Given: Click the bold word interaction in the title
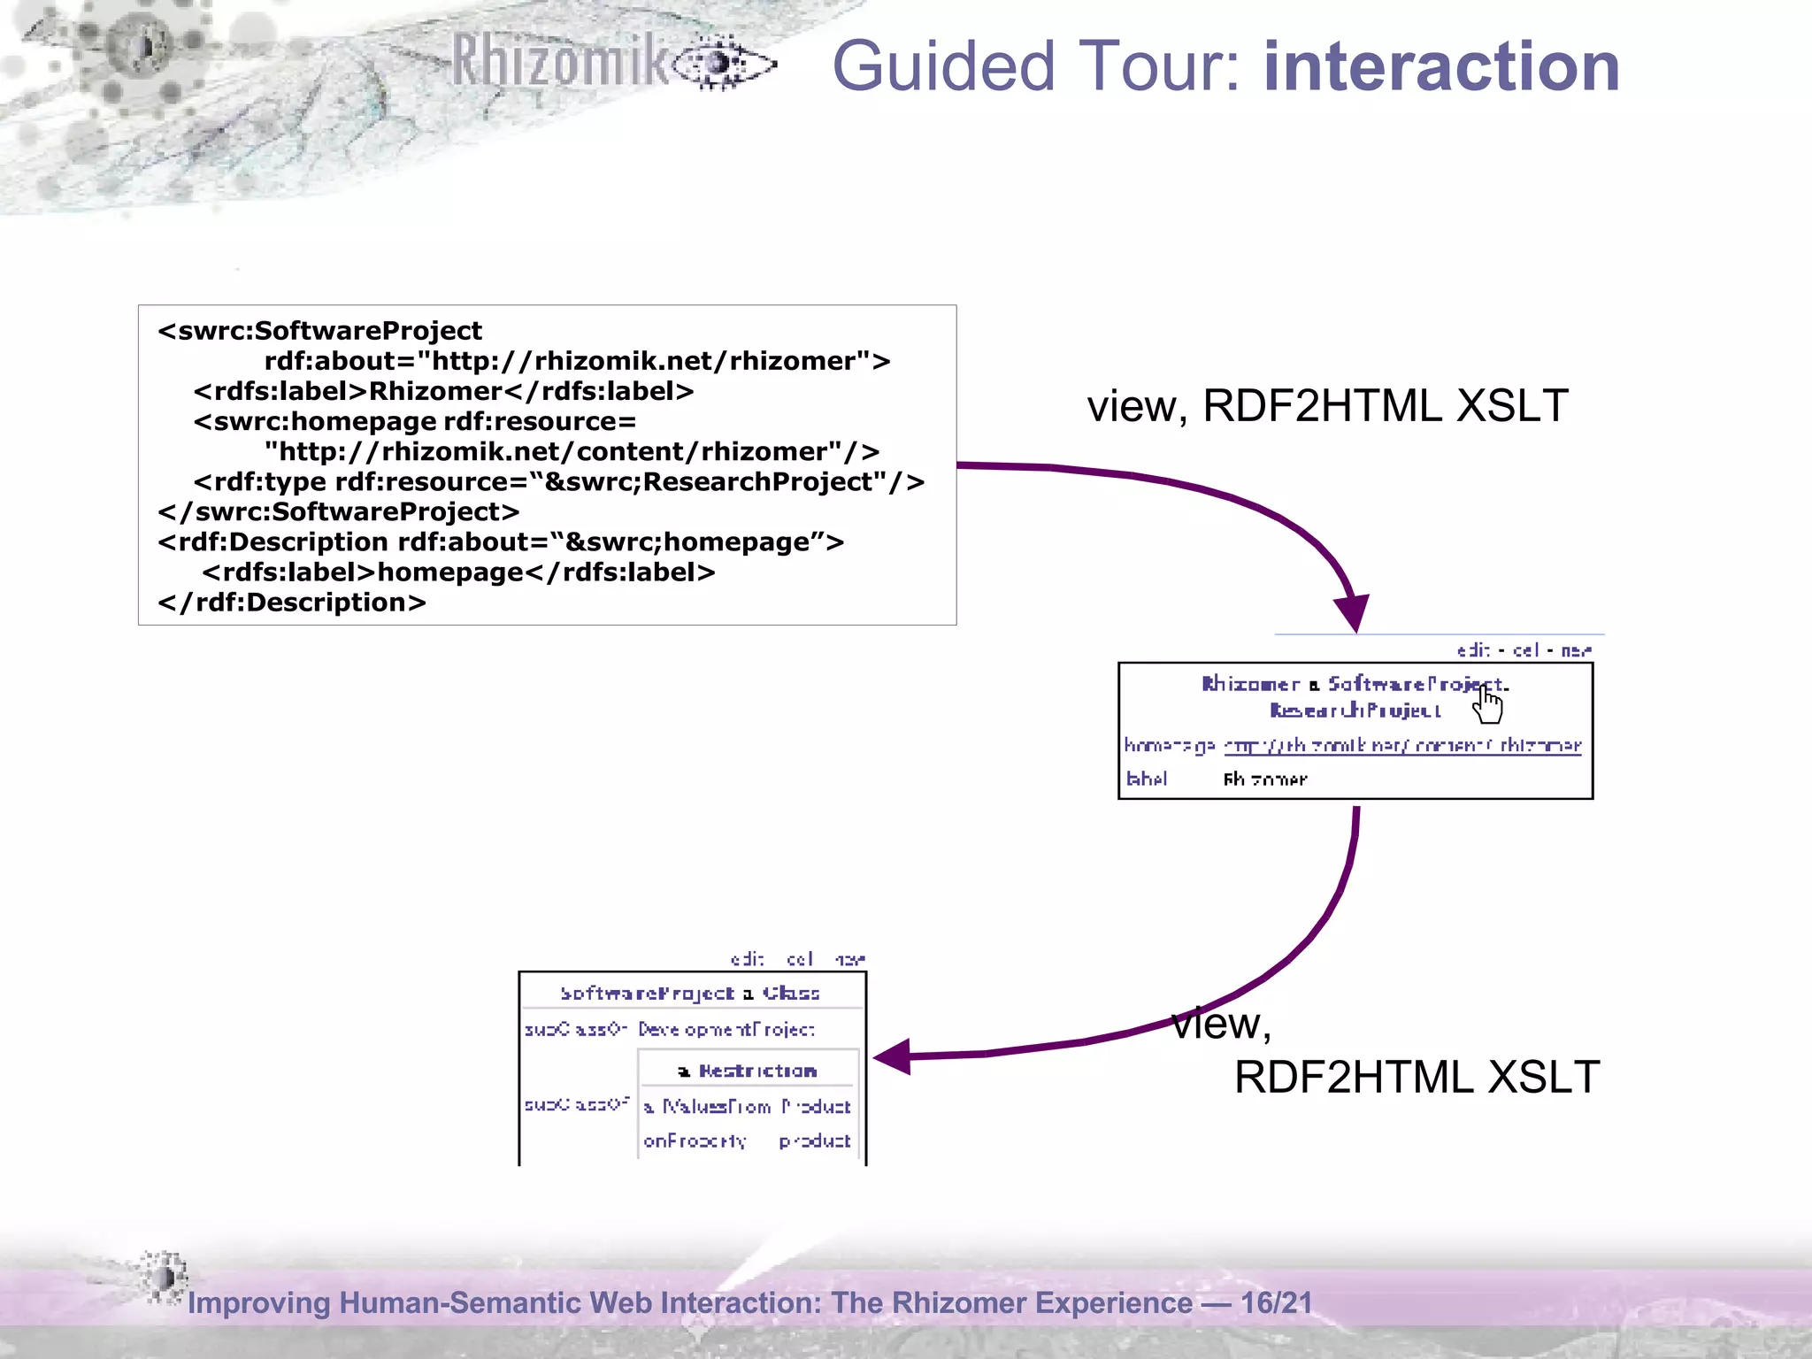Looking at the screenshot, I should tap(1441, 66).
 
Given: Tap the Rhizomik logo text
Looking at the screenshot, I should tap(561, 62).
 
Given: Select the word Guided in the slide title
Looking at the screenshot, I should tap(943, 66).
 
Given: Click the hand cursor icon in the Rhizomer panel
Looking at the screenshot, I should tap(1488, 705).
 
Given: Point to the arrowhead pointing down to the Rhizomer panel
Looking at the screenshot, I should tap(1353, 612).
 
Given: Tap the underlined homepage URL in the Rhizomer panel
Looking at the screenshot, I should tap(1401, 746).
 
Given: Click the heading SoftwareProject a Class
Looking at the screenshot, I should tap(690, 993).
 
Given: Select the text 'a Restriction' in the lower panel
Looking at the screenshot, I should tap(748, 1071).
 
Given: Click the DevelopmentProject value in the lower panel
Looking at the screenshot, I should tap(726, 1030).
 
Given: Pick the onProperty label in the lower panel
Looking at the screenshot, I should tap(695, 1141).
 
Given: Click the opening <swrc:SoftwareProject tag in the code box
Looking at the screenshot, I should tap(320, 331).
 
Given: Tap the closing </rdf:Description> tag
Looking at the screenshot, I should tap(292, 603).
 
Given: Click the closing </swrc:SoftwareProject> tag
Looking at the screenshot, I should tap(339, 512).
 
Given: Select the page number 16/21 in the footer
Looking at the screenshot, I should tap(1276, 1302).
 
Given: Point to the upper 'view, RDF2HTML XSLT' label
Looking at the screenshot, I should tap(1327, 406).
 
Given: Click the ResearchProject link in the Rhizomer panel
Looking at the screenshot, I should tap(1355, 710).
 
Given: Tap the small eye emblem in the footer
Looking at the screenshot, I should tap(164, 1277).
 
